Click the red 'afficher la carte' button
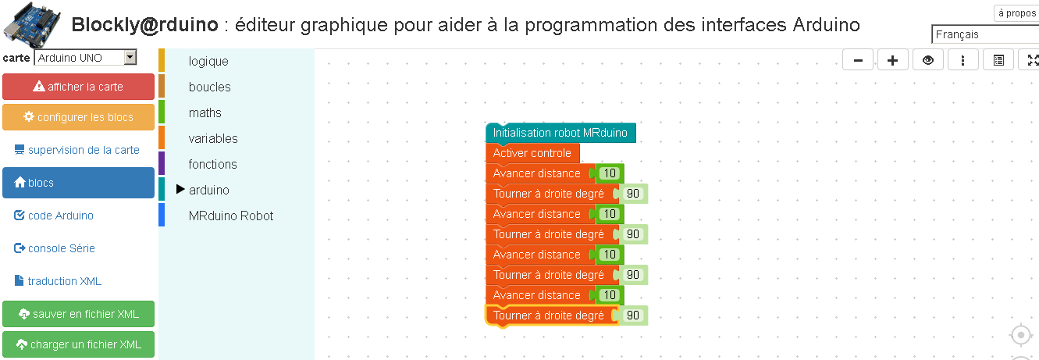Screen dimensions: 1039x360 [78, 87]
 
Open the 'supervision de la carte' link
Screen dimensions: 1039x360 [77, 150]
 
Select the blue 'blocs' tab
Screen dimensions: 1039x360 [78, 183]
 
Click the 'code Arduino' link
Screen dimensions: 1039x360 [54, 216]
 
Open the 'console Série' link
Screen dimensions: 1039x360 [55, 248]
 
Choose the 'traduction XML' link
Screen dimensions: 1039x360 [58, 281]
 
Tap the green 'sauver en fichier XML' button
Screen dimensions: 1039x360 [78, 314]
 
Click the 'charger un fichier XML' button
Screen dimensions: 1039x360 [78, 344]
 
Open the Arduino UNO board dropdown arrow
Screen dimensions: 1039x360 [130, 58]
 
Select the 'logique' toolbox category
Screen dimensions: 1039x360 [208, 61]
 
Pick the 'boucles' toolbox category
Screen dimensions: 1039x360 [210, 87]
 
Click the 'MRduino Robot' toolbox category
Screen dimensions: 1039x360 [231, 216]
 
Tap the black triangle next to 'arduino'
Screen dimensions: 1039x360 [180, 189]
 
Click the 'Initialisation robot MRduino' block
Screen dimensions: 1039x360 [560, 133]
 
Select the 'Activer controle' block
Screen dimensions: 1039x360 [532, 153]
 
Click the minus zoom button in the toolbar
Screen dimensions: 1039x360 [858, 60]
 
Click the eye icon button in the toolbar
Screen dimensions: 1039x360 [927, 60]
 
